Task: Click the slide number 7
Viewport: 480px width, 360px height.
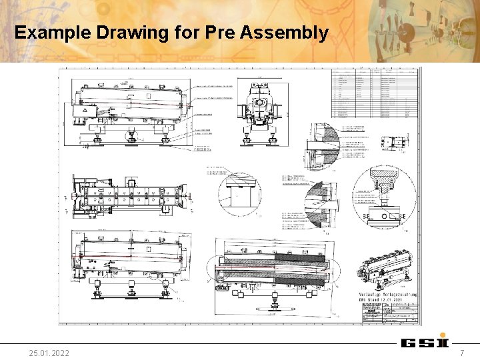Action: [x=461, y=351]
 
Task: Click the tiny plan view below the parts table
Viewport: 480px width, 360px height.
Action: [x=391, y=142]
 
